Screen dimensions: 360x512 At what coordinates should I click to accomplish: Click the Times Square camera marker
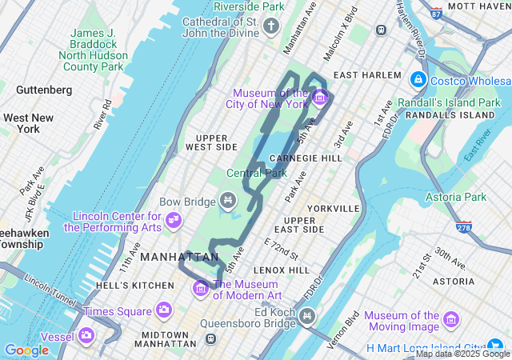tap(164, 310)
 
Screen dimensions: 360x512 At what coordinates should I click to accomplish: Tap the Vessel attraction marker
tap(86, 335)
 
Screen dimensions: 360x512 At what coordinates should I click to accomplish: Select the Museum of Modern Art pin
tap(201, 287)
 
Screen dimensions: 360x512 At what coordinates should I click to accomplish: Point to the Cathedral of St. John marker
tap(271, 28)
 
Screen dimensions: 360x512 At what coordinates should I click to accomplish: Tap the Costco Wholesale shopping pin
tap(418, 80)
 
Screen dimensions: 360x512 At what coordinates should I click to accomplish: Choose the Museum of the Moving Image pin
tap(451, 320)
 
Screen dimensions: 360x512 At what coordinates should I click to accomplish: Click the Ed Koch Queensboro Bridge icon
tap(307, 319)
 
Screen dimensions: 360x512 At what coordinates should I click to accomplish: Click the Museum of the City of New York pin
tap(319, 98)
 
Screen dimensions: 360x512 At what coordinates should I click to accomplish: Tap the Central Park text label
tap(256, 173)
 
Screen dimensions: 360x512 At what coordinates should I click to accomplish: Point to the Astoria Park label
tap(457, 197)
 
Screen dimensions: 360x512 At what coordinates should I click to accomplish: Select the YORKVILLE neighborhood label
tap(333, 208)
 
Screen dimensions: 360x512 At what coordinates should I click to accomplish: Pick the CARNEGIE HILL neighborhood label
tap(306, 158)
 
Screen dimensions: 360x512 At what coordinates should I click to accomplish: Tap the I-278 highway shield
tap(462, 228)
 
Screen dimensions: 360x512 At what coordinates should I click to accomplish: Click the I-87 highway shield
tap(435, 14)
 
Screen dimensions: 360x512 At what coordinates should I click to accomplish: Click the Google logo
tap(26, 350)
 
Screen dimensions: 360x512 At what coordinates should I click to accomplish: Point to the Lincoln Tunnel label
tap(50, 292)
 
